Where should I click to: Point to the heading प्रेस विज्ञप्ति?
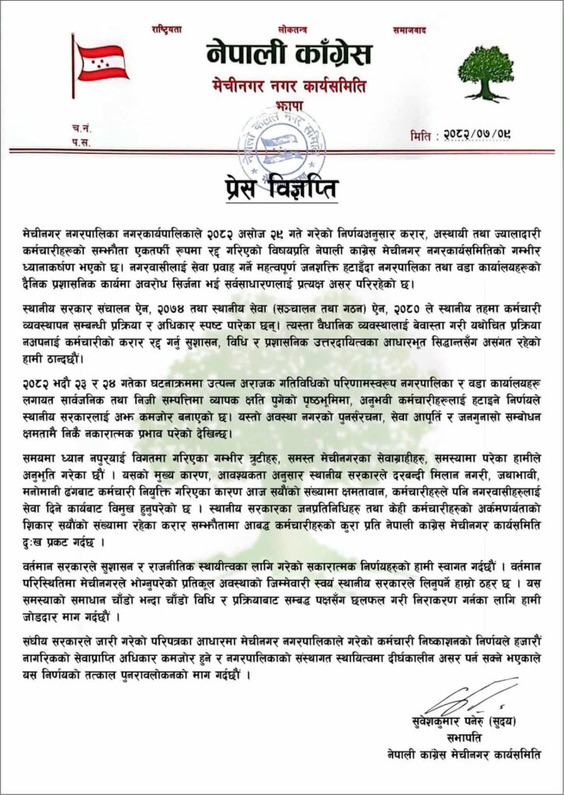(282, 189)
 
